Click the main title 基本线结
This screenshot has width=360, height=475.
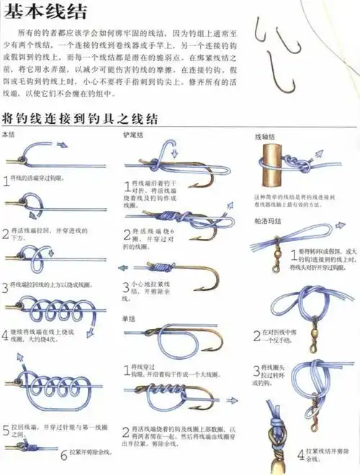tap(45, 12)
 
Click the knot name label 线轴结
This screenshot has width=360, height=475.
tap(264, 136)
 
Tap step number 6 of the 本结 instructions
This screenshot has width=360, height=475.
tap(63, 454)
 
